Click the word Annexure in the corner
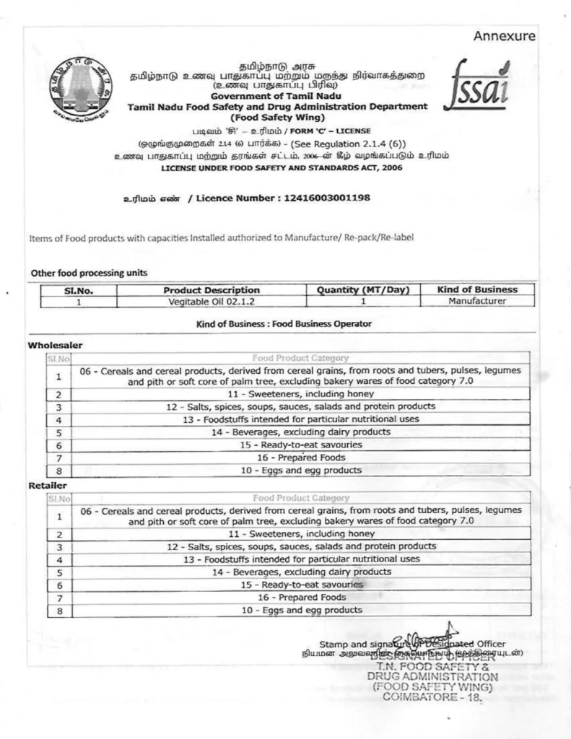pos(505,36)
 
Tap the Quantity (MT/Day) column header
pos(363,290)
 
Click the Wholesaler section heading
pos(55,346)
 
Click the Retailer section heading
pos(48,486)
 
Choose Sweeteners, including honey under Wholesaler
pos(301,394)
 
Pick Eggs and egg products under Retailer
pos(301,610)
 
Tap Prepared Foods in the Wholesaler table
pos(301,458)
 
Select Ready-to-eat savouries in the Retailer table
pos(301,585)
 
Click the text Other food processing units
pos(89,273)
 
